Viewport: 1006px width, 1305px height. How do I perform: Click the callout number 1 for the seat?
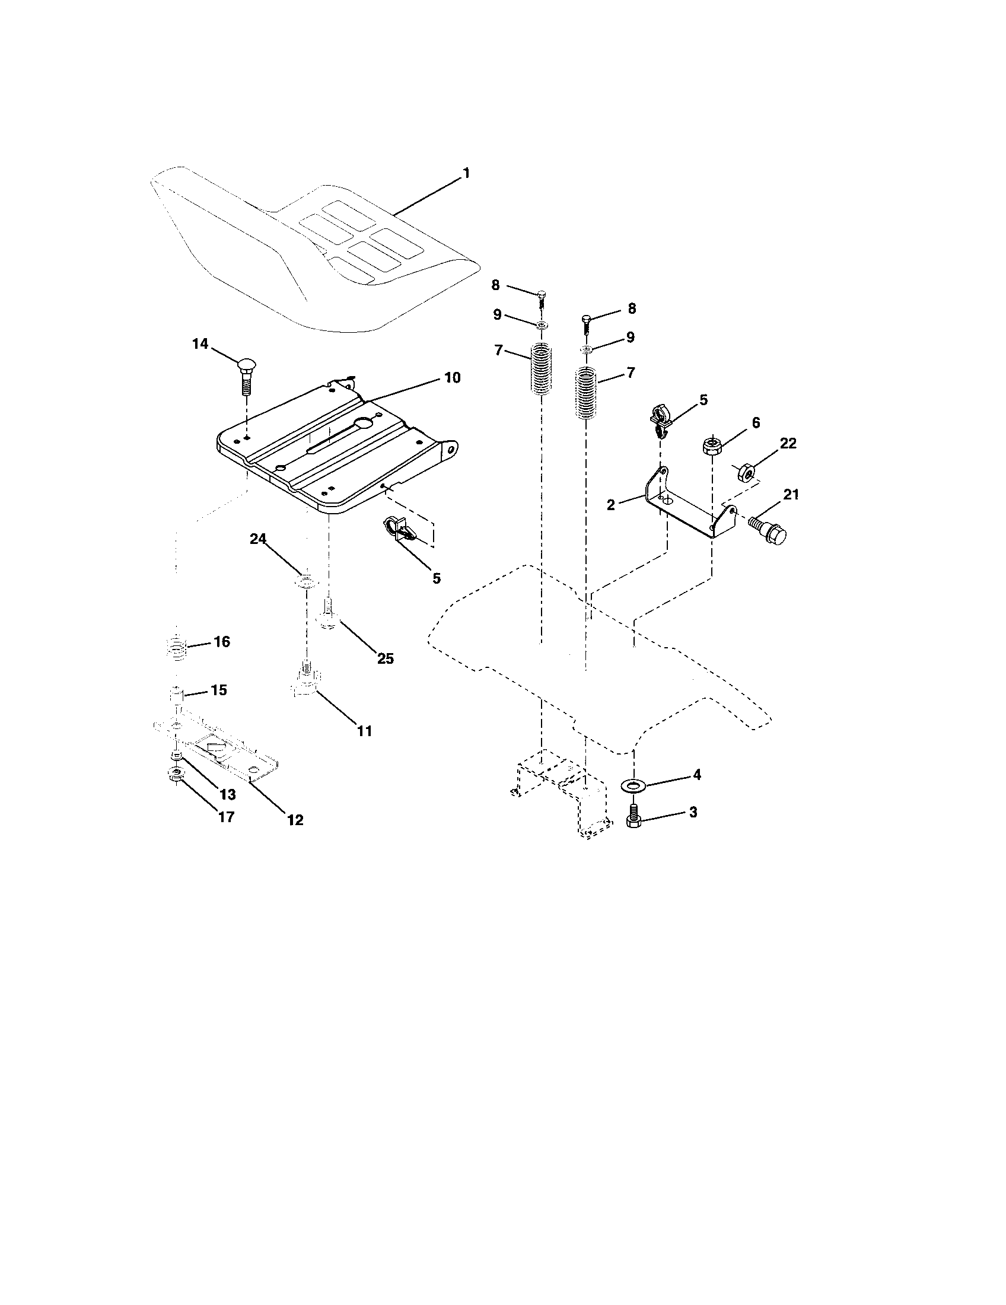tap(466, 174)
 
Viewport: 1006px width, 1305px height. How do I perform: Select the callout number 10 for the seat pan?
tap(451, 378)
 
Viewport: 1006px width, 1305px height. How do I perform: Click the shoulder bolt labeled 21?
tap(769, 530)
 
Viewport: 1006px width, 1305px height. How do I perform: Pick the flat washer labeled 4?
tap(633, 784)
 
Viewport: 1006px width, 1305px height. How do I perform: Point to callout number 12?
tap(295, 820)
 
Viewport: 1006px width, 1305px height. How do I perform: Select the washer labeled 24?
tap(305, 580)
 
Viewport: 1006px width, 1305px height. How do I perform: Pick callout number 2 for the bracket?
tap(610, 505)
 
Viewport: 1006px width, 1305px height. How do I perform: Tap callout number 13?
tap(227, 794)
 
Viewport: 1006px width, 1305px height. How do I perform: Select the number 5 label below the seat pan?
tap(436, 578)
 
